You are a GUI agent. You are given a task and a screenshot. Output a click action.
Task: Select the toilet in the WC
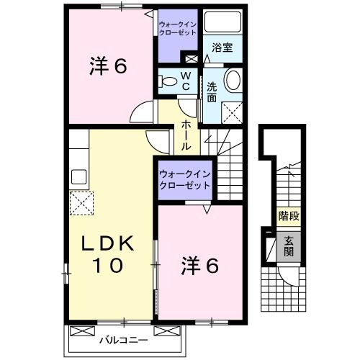point(167,82)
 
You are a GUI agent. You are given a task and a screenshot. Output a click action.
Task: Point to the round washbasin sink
point(233,80)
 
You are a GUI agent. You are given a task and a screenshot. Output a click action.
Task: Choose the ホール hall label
point(186,135)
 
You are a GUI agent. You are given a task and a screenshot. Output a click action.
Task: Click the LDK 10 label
point(109,253)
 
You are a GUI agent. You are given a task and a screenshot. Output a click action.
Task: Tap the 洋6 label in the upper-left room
point(109,67)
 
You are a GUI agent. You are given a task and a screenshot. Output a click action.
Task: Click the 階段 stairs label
point(289,215)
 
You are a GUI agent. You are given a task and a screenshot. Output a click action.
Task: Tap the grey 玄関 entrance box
point(288,247)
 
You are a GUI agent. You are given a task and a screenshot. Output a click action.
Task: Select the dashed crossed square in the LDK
point(80,204)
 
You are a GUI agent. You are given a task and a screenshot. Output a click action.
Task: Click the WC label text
point(185,81)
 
